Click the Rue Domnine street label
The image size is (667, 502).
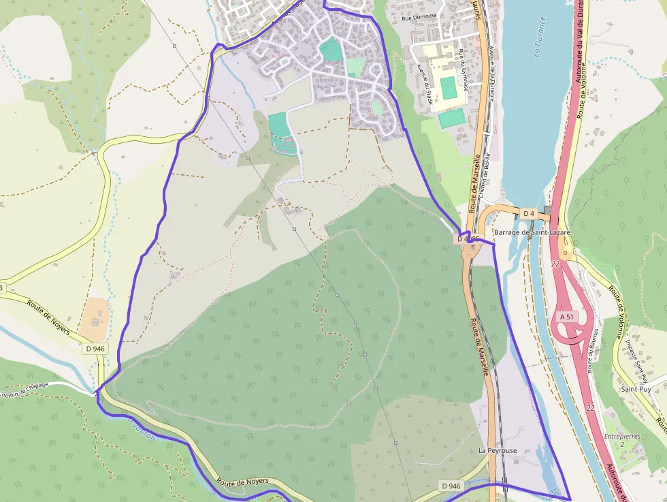point(419,16)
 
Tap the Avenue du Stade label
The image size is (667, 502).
point(425,84)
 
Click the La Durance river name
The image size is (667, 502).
point(538,35)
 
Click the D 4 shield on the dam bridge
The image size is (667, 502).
point(529,214)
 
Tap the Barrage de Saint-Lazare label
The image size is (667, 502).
point(532,232)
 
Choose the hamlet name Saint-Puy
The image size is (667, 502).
point(636,389)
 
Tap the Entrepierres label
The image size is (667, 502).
point(622,436)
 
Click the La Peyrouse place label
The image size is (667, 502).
point(497,451)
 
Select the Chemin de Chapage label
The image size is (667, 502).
point(25,389)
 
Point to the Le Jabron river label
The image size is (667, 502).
point(141,429)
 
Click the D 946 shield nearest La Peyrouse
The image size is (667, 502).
point(451,486)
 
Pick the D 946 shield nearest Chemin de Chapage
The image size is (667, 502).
point(95,349)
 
